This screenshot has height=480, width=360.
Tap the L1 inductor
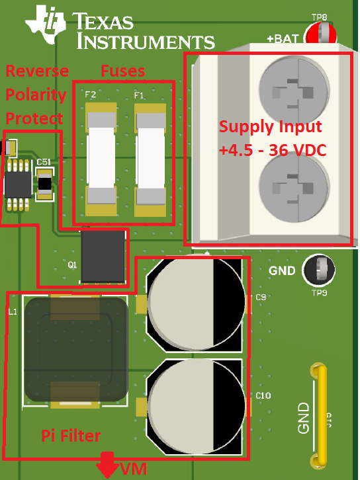[75, 350]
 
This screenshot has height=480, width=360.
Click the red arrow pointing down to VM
[105, 467]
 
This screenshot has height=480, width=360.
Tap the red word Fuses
[122, 70]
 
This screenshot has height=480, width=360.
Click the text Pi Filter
[71, 436]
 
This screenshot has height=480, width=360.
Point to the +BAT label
[283, 39]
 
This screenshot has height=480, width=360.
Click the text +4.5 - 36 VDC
[271, 151]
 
